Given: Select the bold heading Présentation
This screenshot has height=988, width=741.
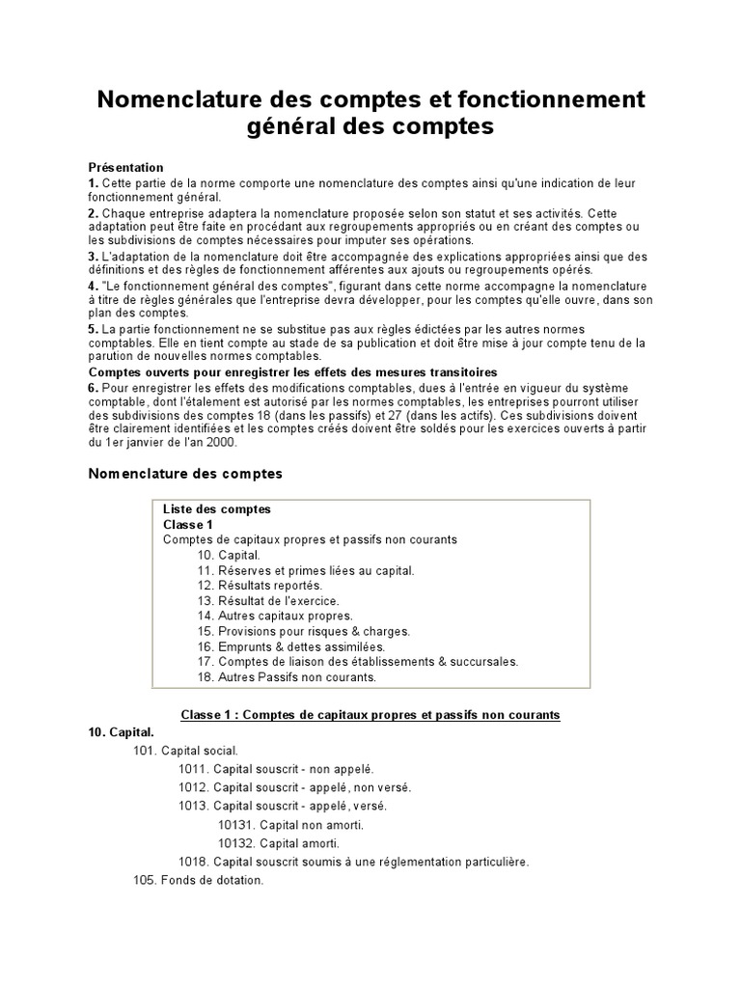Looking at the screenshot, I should pyautogui.click(x=126, y=167).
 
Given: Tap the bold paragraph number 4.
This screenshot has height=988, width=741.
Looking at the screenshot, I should pyautogui.click(x=94, y=288).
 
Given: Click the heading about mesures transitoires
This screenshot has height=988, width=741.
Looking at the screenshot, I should pyautogui.click(x=280, y=371).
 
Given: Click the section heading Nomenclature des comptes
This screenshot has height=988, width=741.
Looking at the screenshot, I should pyautogui.click(x=185, y=474).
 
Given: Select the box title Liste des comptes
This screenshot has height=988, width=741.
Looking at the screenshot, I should pyautogui.click(x=217, y=509).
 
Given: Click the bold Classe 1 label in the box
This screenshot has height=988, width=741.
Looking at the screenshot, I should pyautogui.click(x=188, y=525).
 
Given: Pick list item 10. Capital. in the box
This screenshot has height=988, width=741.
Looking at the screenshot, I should pyautogui.click(x=229, y=556).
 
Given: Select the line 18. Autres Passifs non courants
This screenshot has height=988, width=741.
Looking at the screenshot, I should pyautogui.click(x=287, y=677).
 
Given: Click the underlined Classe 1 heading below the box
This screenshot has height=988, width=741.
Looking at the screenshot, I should pyautogui.click(x=370, y=715).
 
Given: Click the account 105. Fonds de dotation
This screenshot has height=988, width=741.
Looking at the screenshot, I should pyautogui.click(x=198, y=881).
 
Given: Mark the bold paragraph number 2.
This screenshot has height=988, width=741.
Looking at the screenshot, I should pyautogui.click(x=94, y=212).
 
